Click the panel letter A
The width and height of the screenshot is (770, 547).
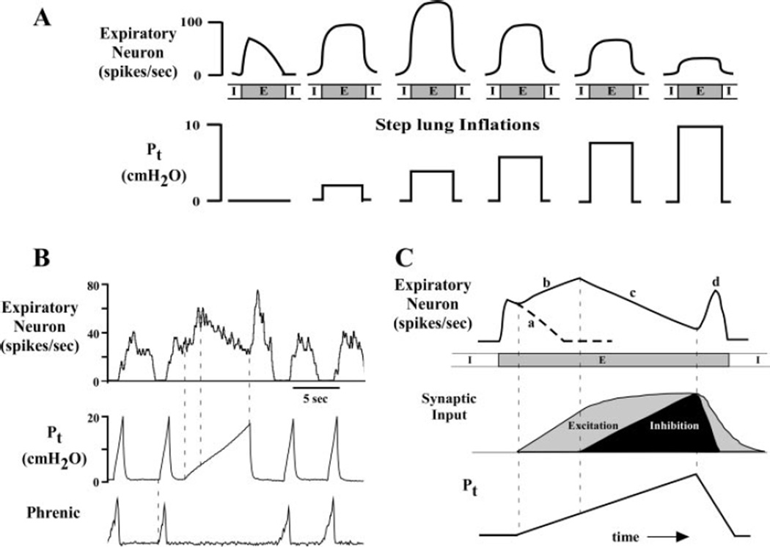coord(43,17)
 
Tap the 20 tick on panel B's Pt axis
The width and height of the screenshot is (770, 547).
coord(94,417)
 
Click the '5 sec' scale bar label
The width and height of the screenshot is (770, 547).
coord(316,401)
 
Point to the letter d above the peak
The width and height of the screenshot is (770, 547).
coord(715,280)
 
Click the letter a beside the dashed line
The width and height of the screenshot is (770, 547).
coord(529,323)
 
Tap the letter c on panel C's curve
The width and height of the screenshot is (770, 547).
coord(631,294)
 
